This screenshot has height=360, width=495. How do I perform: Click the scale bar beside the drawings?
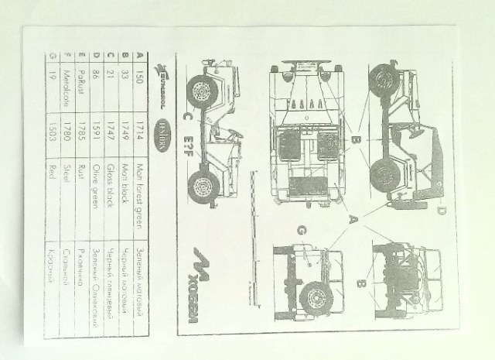[248, 232]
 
